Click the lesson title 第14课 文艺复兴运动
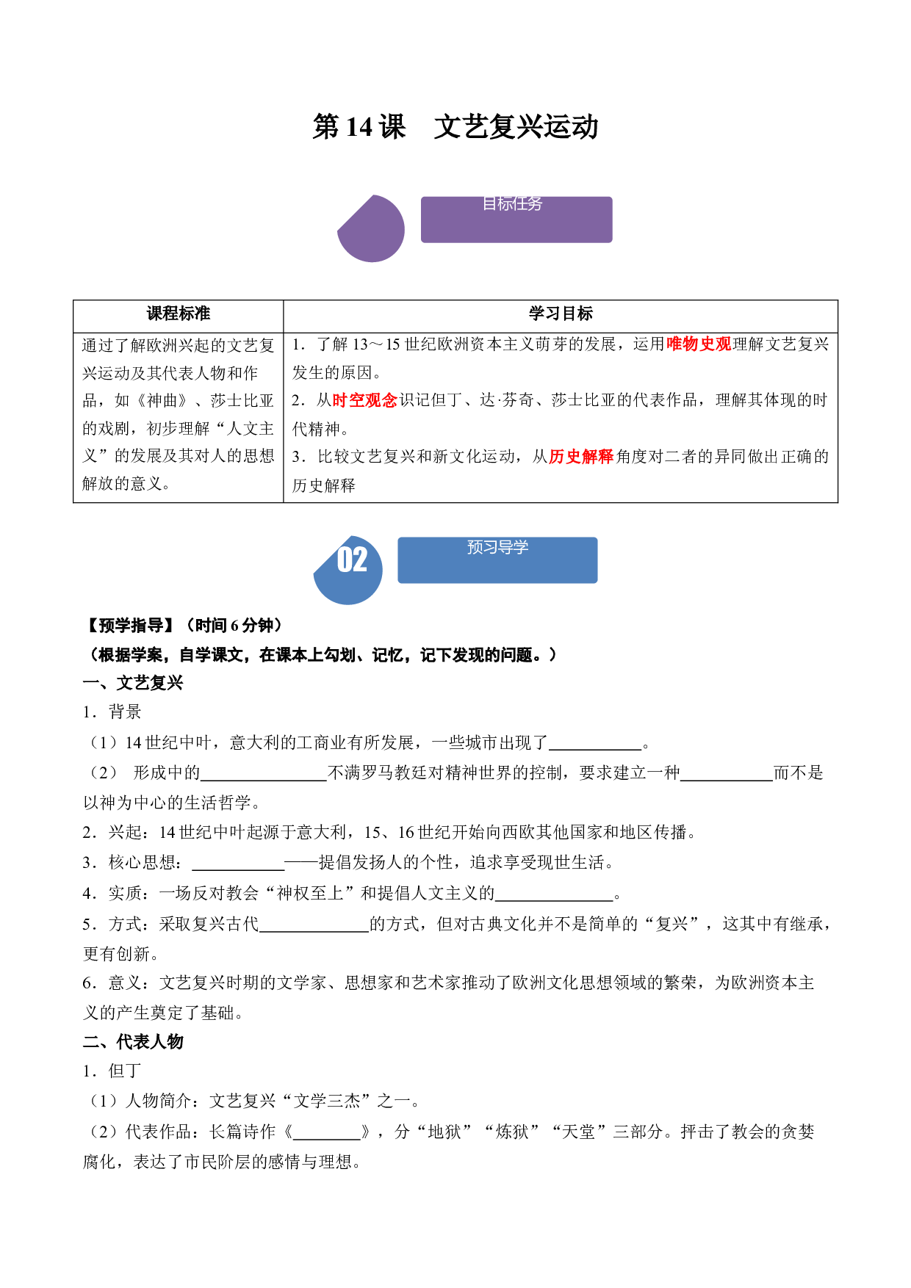point(455,127)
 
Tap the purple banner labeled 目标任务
point(516,219)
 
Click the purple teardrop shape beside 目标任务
point(371,228)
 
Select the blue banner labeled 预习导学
point(497,560)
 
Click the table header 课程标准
point(179,314)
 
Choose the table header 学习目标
point(561,314)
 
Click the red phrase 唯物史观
point(699,344)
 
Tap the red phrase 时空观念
point(365,400)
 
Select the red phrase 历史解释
point(581,457)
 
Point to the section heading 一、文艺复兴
point(133,683)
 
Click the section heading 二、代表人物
point(133,1041)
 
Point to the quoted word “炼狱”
point(512,1132)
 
